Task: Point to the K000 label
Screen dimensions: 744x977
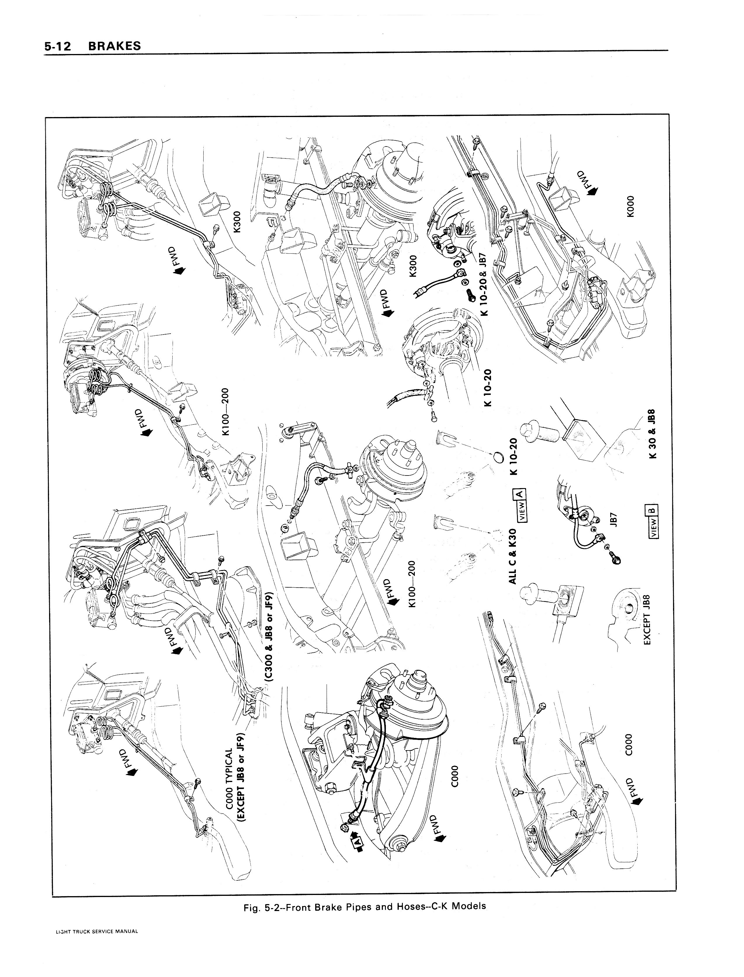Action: click(x=631, y=206)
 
